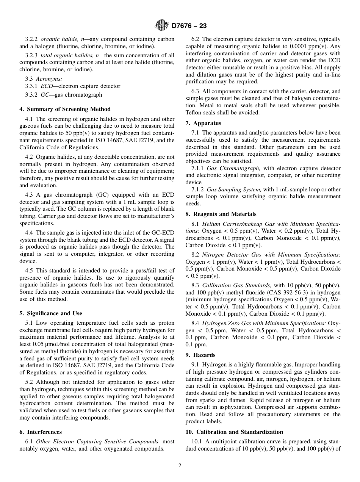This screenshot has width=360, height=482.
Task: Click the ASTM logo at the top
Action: (161, 26)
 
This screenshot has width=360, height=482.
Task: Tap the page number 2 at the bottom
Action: (180, 466)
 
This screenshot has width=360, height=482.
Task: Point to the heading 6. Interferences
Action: (41, 432)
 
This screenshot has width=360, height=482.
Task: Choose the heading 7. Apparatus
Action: (203, 123)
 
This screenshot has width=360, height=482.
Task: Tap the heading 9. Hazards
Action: (200, 355)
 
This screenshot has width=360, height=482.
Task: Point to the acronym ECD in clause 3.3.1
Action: (47, 86)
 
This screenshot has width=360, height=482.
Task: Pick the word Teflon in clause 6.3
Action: (195, 112)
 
